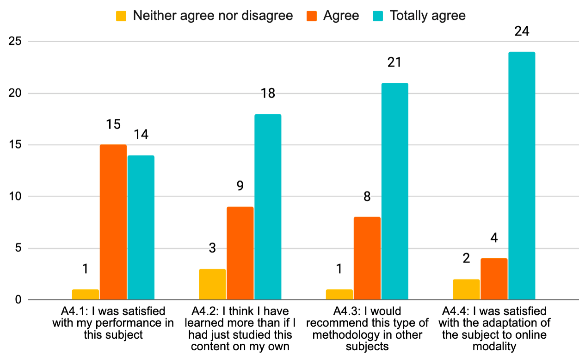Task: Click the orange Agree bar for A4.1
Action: point(113,222)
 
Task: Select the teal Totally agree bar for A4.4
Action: point(522,176)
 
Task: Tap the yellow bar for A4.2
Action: point(212,285)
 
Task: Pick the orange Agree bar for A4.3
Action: point(367,258)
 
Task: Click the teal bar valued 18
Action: point(268,207)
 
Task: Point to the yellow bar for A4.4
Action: point(466,290)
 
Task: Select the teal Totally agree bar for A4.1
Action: point(141,228)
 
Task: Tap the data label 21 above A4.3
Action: point(394,62)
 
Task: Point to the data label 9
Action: point(240,186)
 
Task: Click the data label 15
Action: point(113,124)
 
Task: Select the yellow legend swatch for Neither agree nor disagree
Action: point(122,16)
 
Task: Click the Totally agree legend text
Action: point(427,16)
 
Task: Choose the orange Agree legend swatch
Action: point(312,16)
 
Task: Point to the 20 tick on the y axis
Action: point(16,93)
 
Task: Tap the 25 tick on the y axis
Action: point(16,42)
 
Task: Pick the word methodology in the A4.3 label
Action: point(343,334)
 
